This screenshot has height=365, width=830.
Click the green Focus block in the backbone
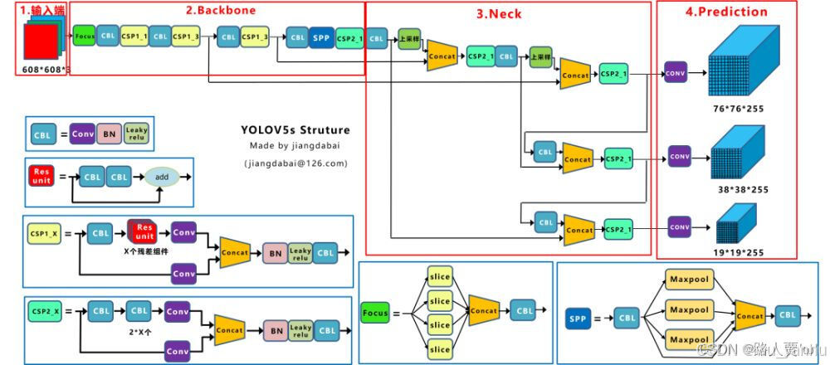(x=84, y=37)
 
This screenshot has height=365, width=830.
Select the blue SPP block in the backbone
(x=321, y=38)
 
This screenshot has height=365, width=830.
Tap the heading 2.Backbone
(x=221, y=11)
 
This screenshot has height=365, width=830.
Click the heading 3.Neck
(x=498, y=13)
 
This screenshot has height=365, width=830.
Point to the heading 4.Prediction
(x=727, y=12)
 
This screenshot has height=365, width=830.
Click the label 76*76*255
(x=738, y=109)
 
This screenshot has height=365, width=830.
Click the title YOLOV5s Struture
(x=295, y=130)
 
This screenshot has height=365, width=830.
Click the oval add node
(x=162, y=177)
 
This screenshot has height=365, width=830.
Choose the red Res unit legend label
(x=41, y=177)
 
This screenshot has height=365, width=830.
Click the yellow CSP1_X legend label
(x=43, y=235)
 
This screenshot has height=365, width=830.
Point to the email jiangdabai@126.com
(x=295, y=163)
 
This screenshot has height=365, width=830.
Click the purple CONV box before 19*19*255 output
(x=680, y=226)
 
